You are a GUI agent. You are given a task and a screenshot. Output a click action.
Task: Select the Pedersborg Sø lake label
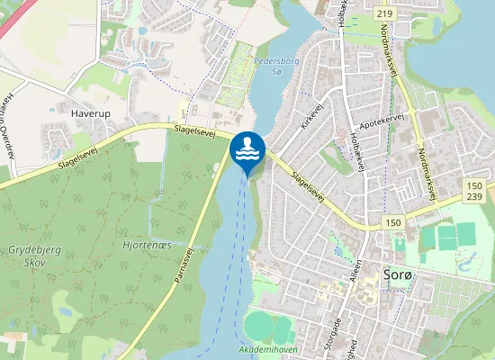tap(269, 66)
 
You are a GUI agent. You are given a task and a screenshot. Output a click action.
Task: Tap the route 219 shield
tap(385, 13)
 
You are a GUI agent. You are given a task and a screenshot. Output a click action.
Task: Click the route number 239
tap(475, 197)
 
